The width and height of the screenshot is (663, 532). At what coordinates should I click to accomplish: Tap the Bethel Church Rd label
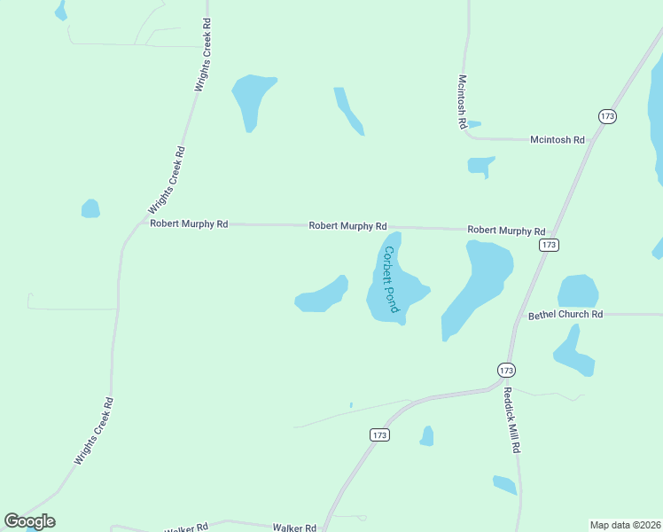(565, 315)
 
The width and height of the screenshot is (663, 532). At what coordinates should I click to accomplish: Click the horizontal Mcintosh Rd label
(558, 140)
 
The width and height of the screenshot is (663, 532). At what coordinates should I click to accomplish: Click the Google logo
(30, 521)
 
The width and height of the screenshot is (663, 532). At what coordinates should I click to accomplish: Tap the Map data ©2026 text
(625, 525)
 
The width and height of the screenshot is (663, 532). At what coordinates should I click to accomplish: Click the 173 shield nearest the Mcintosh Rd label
(607, 116)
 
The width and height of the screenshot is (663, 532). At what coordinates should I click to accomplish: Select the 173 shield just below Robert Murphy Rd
(550, 245)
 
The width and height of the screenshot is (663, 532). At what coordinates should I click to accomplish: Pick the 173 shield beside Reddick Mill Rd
(505, 370)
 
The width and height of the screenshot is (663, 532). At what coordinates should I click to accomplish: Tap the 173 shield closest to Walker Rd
(379, 434)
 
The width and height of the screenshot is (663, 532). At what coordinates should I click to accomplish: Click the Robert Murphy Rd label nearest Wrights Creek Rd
(189, 224)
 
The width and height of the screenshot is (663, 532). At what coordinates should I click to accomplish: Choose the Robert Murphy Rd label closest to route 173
(506, 231)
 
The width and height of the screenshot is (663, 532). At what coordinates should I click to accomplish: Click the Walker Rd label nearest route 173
(294, 528)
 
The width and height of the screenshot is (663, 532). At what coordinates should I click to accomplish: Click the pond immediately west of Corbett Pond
(322, 295)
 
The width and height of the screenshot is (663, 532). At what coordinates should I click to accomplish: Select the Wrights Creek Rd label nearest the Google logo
(94, 432)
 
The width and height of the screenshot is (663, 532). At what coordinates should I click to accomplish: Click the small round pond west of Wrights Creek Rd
(90, 209)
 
